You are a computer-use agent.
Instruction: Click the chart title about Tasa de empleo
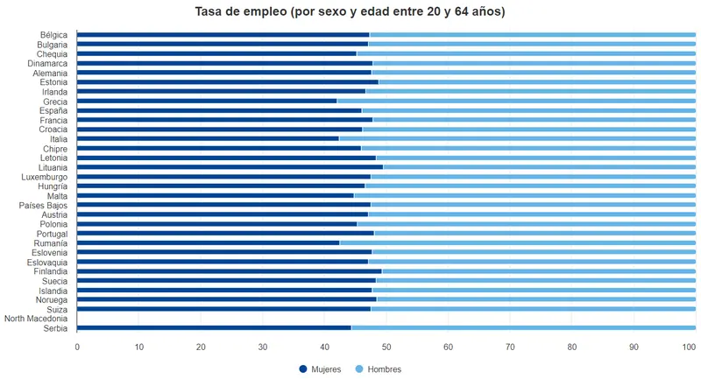point(350,12)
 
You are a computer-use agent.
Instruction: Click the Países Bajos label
point(43,206)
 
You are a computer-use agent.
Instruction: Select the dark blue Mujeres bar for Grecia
point(207,102)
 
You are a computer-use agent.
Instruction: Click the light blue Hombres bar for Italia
point(517,139)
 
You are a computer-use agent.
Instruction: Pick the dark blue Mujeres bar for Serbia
point(214,328)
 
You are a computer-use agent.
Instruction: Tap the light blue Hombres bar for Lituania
point(539,167)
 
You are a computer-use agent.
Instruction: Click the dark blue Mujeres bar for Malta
point(216,196)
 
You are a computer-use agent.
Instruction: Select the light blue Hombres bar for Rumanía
point(517,243)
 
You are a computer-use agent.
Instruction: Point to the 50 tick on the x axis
point(386,347)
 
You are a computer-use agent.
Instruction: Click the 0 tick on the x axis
point(77,347)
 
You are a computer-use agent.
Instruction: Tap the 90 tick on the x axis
point(634,347)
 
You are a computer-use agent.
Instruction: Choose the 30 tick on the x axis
point(263,347)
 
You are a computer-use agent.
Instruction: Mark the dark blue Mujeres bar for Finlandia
point(230,271)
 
